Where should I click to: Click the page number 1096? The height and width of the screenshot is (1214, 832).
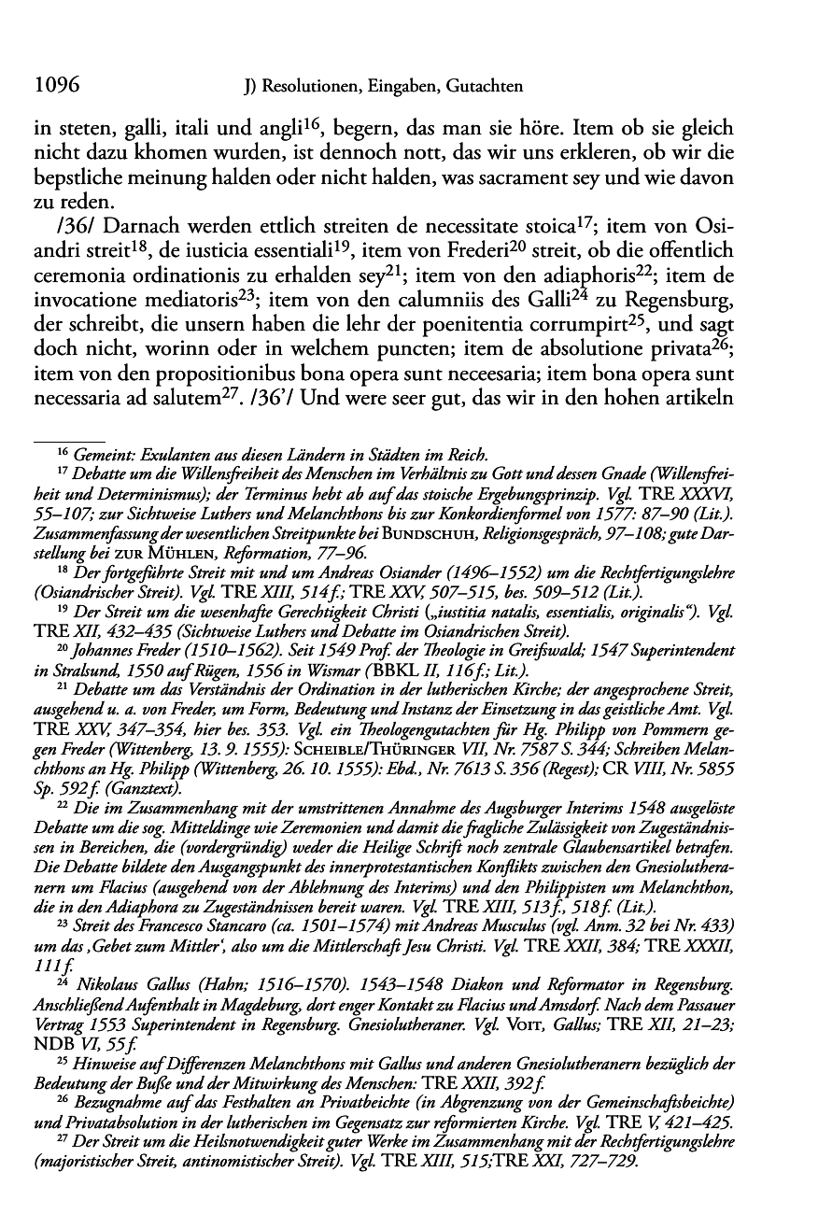click(54, 88)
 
